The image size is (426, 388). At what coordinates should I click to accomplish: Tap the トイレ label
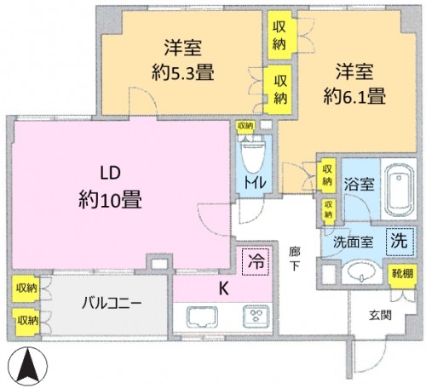click(x=255, y=180)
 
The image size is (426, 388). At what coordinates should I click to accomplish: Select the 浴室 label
click(x=359, y=180)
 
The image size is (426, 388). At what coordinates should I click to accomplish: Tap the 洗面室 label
click(x=350, y=241)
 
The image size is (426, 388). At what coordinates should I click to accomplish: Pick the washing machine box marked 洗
click(x=397, y=240)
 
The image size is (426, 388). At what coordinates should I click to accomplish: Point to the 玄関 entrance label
click(x=380, y=315)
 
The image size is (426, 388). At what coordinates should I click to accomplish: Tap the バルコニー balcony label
click(x=112, y=304)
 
